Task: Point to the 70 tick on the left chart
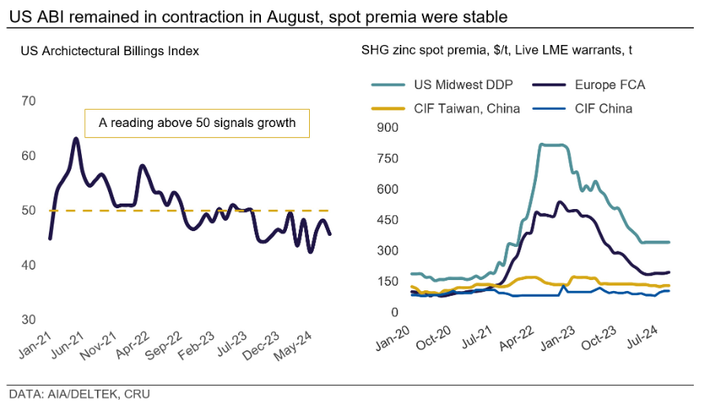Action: tap(28, 101)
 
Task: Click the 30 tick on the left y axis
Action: tap(28, 319)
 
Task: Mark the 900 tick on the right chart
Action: tap(388, 129)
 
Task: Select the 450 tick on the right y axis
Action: tap(388, 220)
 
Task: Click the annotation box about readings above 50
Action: tap(197, 123)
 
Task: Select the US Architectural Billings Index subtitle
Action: tap(110, 50)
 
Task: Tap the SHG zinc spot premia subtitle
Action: tap(497, 50)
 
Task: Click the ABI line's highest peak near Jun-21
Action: tap(76, 139)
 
